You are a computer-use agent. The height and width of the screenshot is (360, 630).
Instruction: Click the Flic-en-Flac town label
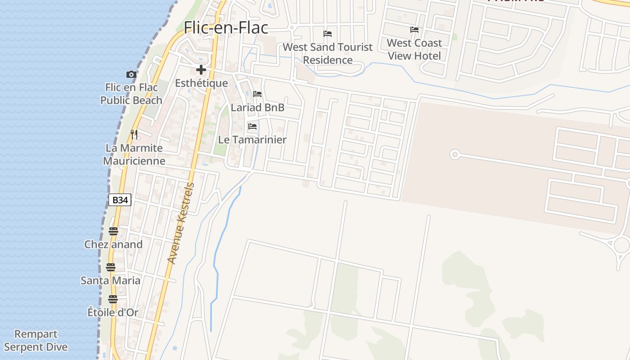[226, 28]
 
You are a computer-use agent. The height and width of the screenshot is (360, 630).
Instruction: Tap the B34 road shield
[120, 200]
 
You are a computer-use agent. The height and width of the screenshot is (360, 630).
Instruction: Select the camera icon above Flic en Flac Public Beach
[131, 74]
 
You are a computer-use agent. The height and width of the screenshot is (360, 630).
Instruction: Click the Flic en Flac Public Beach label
[131, 94]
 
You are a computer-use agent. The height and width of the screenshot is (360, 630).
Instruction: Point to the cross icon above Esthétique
[201, 70]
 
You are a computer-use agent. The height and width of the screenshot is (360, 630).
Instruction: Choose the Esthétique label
[201, 83]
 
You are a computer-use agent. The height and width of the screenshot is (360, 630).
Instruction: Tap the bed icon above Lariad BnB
[257, 94]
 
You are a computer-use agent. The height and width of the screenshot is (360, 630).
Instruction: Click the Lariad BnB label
[257, 108]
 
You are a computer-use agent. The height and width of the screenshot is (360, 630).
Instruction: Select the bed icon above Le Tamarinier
[252, 126]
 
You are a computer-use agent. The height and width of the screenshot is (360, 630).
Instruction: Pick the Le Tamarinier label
[252, 140]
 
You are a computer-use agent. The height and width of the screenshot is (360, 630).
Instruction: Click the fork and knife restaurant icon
[134, 134]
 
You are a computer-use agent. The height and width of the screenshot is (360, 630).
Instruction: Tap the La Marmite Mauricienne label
[134, 154]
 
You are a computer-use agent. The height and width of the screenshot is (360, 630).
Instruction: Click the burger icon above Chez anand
[113, 231]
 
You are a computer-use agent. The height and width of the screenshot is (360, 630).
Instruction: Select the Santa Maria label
[111, 281]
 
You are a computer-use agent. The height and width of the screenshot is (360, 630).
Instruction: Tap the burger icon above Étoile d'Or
[113, 299]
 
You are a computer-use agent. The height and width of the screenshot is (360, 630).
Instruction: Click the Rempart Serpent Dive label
[36, 341]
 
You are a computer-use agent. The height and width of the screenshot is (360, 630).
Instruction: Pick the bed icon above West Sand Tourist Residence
[328, 34]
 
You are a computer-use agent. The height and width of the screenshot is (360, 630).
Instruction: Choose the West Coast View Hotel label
[414, 49]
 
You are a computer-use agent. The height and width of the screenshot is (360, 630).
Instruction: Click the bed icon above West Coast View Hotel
[414, 30]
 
